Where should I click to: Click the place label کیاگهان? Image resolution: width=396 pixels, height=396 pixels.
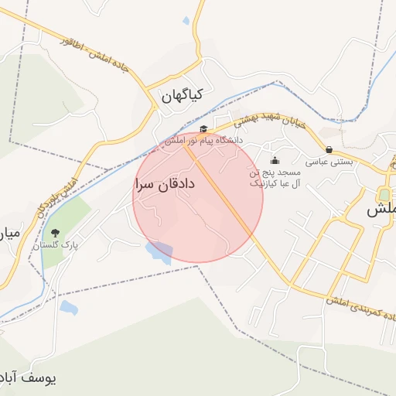[183, 94]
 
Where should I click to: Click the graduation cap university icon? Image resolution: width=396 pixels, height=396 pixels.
[203, 129]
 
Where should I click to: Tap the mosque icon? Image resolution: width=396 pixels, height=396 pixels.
[276, 161]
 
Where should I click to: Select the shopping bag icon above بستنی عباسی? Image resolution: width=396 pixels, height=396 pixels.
[329, 150]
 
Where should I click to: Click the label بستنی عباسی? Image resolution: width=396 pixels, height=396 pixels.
[329, 162]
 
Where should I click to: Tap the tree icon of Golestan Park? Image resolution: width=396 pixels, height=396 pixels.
[54, 232]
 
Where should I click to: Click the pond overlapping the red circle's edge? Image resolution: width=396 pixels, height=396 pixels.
[159, 252]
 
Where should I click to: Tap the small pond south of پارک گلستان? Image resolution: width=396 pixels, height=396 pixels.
[68, 308]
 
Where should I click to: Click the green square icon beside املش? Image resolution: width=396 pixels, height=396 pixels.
[384, 193]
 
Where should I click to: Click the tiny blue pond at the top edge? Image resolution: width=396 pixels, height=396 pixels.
[186, 21]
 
